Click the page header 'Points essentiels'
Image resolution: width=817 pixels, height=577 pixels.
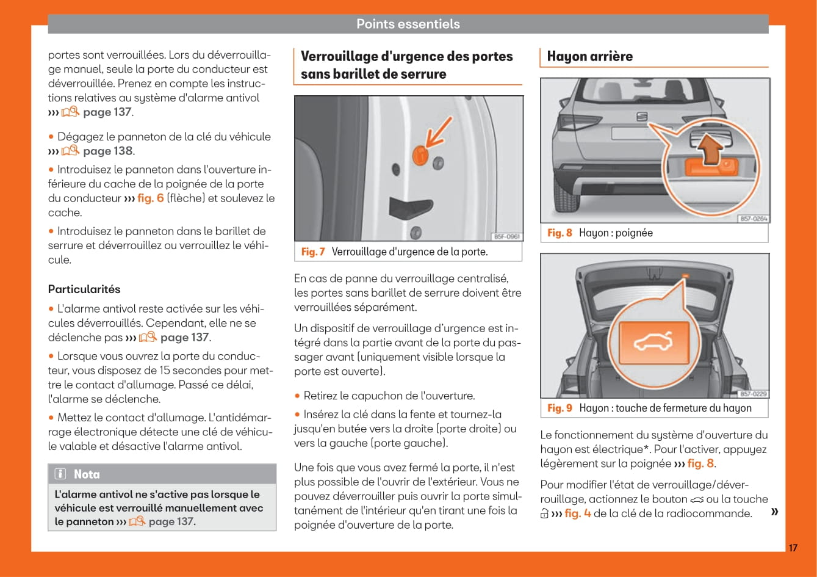point(408,24)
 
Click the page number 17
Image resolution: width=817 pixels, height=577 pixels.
point(793,548)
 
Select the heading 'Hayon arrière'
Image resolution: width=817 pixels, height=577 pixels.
point(589,57)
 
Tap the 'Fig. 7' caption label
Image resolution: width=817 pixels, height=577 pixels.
point(313,252)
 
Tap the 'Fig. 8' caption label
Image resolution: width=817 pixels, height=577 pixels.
point(560,233)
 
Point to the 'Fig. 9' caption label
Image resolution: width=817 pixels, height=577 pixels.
point(560,408)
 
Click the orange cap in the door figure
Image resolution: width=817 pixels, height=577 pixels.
point(420,155)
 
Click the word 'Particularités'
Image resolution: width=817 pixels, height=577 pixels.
point(84,289)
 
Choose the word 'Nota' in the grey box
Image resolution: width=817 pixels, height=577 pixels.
point(87,474)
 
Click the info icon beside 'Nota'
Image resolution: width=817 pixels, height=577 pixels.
point(60,474)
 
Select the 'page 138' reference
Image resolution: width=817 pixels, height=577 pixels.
point(107,151)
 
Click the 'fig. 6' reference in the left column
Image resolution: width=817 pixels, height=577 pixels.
point(150,198)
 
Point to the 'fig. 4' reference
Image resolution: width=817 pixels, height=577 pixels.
point(577,513)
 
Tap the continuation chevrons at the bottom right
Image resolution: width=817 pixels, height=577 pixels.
point(774,511)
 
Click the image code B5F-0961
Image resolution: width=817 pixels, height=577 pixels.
point(507,236)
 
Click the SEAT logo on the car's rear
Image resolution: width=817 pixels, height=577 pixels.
point(642,116)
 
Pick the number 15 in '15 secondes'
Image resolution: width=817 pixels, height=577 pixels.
point(171,371)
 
